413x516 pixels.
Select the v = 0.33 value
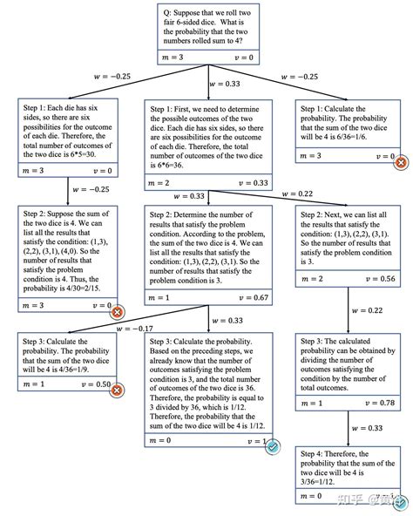pyautogui.click(x=256, y=183)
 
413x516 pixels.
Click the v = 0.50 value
pyautogui.click(x=96, y=384)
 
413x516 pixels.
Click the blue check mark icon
pyautogui.click(x=273, y=446)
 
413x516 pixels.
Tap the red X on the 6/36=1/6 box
pyautogui.click(x=401, y=162)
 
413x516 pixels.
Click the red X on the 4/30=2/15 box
pyautogui.click(x=117, y=311)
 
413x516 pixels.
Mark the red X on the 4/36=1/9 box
pyautogui.click(x=117, y=390)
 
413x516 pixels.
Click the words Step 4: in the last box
pyautogui.click(x=315, y=454)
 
